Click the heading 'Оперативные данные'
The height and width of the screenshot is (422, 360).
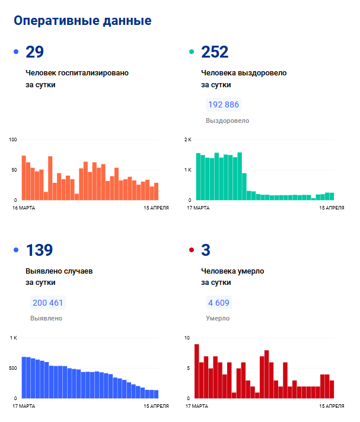(x=82, y=21)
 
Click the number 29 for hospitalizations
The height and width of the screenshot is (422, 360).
(x=35, y=52)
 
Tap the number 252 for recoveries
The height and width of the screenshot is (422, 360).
(x=215, y=52)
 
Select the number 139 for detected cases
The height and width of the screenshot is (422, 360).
(x=39, y=250)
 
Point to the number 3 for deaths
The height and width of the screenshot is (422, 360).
(x=206, y=250)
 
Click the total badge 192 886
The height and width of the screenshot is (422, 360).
(x=224, y=105)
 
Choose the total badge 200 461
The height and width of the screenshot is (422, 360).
(x=48, y=303)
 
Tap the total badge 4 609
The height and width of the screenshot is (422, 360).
(x=218, y=303)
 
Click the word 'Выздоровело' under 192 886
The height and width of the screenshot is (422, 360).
(x=227, y=120)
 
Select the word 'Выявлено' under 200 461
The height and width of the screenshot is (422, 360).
(x=46, y=318)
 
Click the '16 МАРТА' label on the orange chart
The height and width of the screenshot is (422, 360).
(x=24, y=208)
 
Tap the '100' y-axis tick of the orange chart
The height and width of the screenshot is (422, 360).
(x=13, y=139)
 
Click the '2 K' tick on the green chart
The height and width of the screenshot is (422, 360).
(x=188, y=139)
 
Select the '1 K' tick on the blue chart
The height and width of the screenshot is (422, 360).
(x=14, y=338)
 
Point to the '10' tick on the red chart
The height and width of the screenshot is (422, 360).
(x=187, y=338)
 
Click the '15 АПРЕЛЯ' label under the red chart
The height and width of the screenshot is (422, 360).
(x=332, y=406)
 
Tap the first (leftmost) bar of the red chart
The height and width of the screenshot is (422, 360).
(x=197, y=371)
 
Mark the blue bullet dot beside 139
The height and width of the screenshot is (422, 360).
(x=16, y=250)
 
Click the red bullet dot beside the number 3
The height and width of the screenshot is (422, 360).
(x=191, y=250)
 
